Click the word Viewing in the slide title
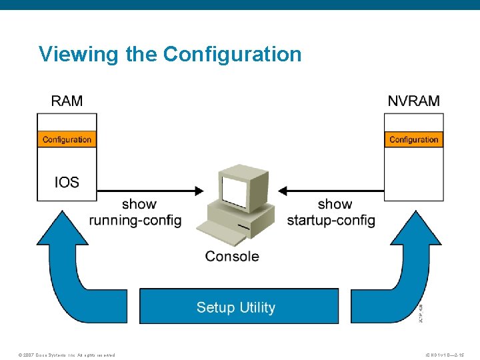click(x=79, y=54)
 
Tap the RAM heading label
click(x=67, y=101)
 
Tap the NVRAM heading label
click(x=413, y=101)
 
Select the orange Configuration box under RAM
click(x=67, y=139)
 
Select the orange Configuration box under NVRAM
click(x=413, y=139)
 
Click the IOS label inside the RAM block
click(x=67, y=181)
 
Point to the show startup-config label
click(x=331, y=212)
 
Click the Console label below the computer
click(x=232, y=256)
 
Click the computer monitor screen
click(x=234, y=191)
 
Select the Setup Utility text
click(x=235, y=307)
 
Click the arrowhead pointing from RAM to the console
click(x=199, y=191)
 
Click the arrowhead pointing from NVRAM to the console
click(x=283, y=191)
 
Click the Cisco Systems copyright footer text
click(x=67, y=355)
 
